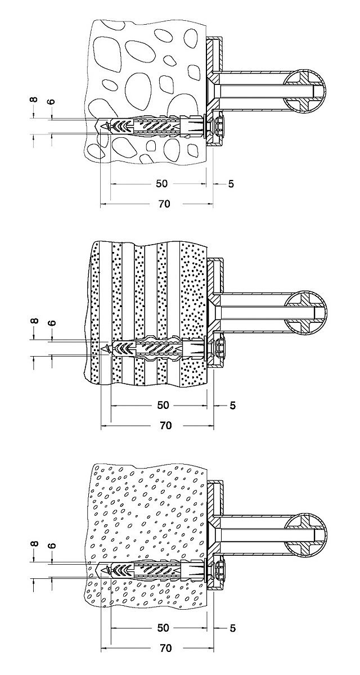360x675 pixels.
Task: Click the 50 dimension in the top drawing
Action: (x=163, y=184)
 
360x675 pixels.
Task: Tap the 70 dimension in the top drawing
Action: (x=164, y=204)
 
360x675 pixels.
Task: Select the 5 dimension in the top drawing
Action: (x=231, y=184)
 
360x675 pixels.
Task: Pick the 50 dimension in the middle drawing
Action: (x=163, y=405)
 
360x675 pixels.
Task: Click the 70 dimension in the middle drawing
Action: (x=165, y=426)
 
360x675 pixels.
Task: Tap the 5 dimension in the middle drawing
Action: (x=232, y=405)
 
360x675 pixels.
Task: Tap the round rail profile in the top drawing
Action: (x=307, y=90)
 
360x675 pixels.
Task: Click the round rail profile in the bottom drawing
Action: (x=307, y=533)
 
